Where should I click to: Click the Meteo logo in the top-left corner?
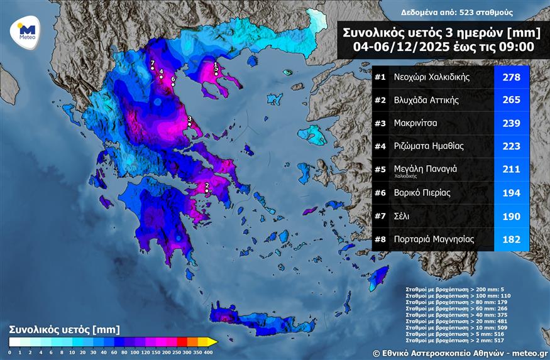[26, 31]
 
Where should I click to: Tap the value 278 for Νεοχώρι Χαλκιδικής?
[512, 77]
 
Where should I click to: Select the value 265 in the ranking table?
[512, 100]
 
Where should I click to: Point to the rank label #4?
[380, 146]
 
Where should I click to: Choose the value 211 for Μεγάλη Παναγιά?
[512, 169]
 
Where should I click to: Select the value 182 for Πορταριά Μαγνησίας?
[512, 239]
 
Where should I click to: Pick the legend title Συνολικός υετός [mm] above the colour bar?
[64, 329]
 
